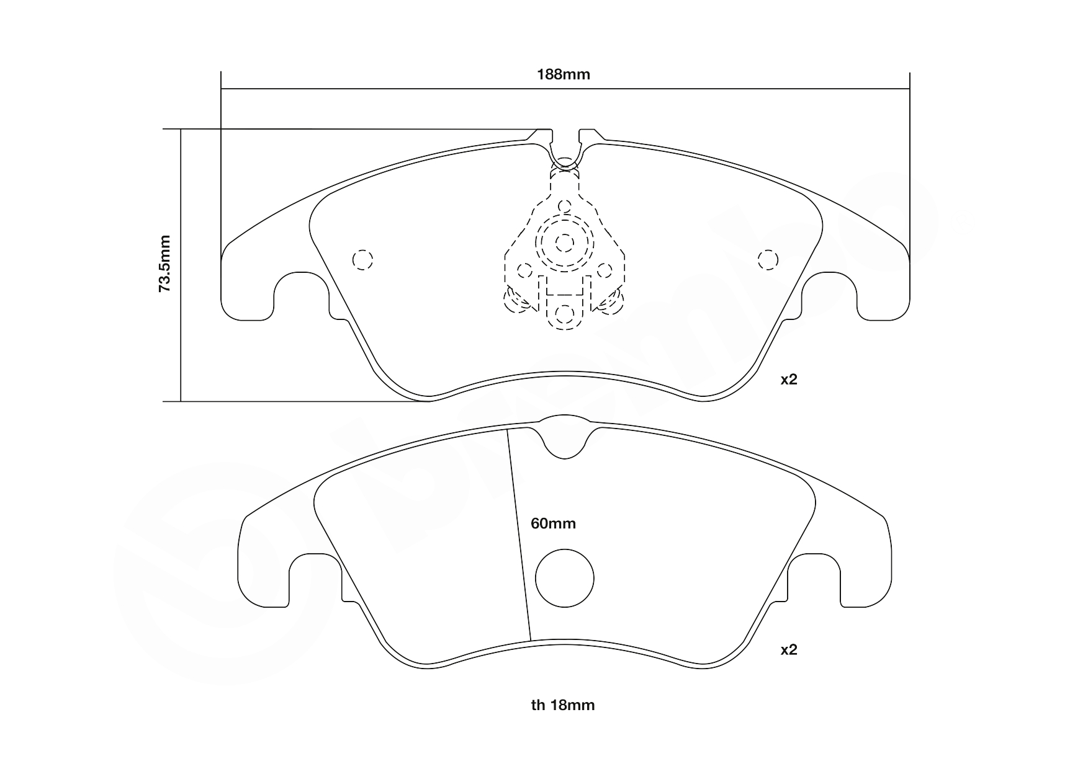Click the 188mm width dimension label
pos(563,75)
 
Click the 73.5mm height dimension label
pos(164,263)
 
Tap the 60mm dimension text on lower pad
pos(553,523)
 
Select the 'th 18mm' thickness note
pos(562,705)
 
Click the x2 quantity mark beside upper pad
pos(788,380)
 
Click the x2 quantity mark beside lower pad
pos(788,650)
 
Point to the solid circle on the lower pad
pos(564,578)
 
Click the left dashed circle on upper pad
pos(362,260)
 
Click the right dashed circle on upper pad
pos(768,260)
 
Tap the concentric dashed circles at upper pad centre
pos(564,242)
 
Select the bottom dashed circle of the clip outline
pos(564,314)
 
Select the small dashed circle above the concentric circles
pos(564,207)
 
